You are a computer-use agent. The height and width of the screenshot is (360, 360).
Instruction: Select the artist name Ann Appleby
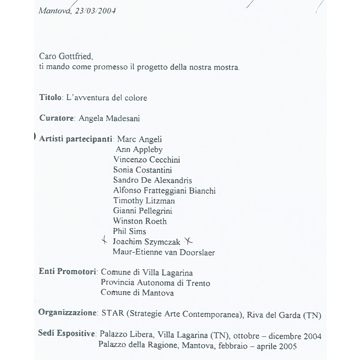(x=139, y=149)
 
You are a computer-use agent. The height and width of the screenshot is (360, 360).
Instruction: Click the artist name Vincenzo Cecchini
(x=147, y=160)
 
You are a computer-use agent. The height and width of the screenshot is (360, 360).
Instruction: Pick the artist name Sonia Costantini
(x=143, y=170)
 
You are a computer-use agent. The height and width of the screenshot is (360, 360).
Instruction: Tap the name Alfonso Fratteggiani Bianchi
(x=164, y=191)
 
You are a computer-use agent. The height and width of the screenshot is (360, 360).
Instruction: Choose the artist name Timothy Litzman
(x=144, y=201)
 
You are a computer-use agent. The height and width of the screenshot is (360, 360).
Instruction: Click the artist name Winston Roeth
(x=140, y=221)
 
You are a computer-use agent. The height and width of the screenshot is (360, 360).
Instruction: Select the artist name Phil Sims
(x=130, y=232)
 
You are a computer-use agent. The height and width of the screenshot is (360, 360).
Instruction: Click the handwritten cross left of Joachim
(x=105, y=241)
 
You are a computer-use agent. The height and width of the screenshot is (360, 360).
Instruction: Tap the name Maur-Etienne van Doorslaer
(x=164, y=252)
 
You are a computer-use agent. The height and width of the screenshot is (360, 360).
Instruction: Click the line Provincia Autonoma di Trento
(x=155, y=283)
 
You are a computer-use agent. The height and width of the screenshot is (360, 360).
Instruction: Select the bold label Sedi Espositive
(x=67, y=335)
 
